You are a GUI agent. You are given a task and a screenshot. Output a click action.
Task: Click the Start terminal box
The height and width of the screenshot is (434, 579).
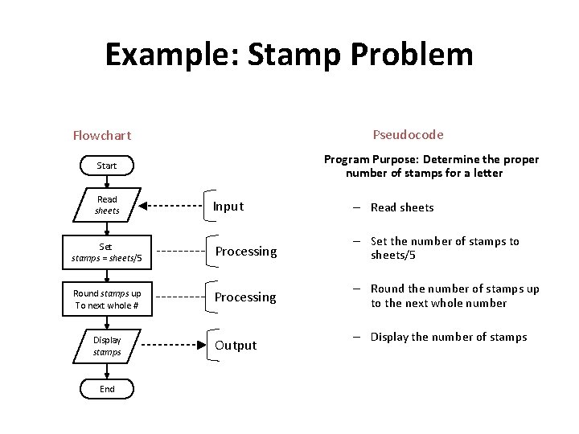coord(107,166)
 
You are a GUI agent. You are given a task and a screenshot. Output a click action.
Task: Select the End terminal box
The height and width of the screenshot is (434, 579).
coord(107,389)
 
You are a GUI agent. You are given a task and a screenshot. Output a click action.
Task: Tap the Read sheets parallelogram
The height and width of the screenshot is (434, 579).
coord(107,205)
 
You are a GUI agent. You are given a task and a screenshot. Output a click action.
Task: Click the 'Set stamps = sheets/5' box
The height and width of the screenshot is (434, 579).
coord(106,252)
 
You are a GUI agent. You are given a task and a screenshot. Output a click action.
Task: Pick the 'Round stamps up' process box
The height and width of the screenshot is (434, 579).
coord(107,299)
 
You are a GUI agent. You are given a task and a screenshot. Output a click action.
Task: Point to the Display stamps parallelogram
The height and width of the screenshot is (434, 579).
coord(107,346)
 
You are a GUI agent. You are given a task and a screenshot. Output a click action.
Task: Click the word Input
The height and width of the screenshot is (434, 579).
coord(228,207)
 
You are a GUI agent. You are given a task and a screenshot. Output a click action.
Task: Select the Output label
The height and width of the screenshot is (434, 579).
coord(236,346)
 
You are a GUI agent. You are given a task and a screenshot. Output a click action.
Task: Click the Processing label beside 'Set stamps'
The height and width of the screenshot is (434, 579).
coord(245,252)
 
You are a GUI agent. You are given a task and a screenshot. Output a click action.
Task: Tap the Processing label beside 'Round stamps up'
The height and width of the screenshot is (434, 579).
coord(245,297)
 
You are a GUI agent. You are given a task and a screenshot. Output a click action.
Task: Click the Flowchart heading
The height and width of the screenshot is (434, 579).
coord(102,135)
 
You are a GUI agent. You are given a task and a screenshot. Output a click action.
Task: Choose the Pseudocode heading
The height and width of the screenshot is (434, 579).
coord(408,134)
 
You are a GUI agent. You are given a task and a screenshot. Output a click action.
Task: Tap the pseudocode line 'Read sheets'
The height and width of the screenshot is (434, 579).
coord(401,207)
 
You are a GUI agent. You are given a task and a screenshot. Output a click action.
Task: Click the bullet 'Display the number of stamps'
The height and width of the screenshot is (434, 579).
coord(448,337)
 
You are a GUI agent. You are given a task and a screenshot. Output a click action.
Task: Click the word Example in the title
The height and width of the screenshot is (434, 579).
coord(168,55)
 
